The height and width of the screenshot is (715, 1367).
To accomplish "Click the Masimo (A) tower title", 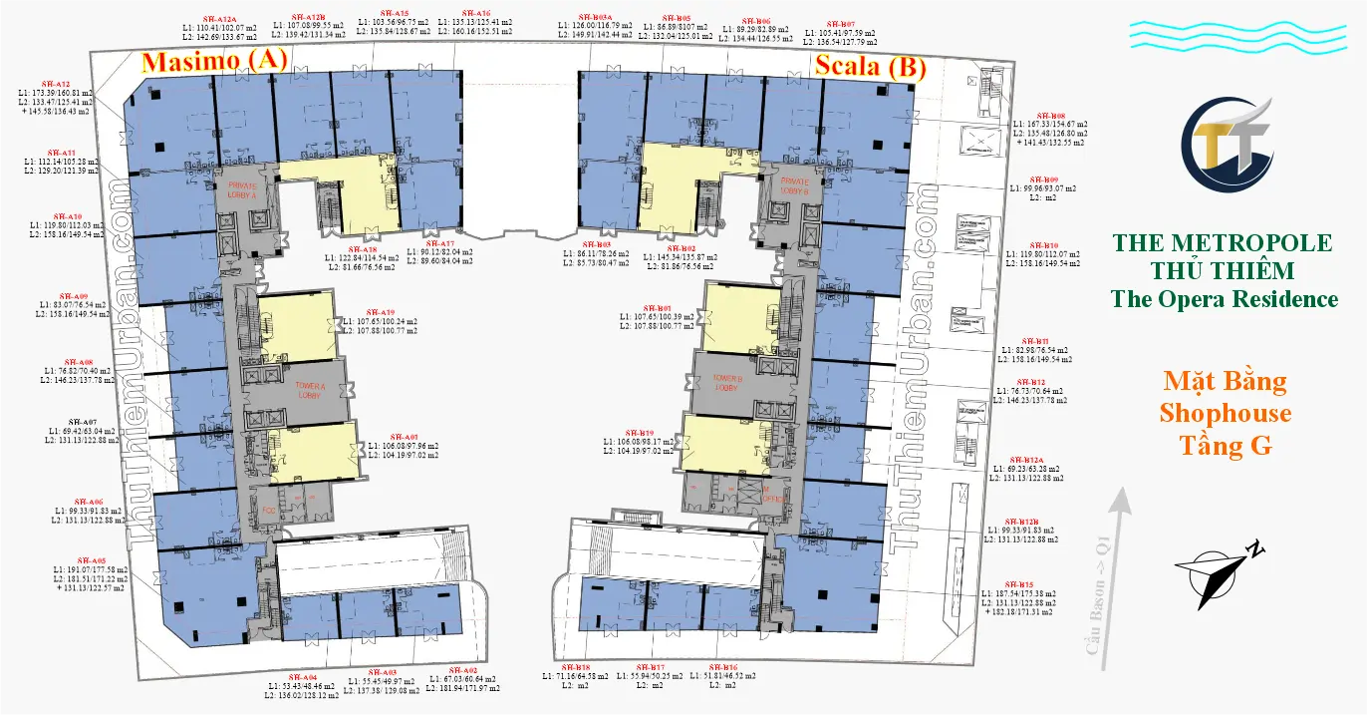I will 214,62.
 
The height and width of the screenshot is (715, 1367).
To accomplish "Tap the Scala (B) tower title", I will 871,67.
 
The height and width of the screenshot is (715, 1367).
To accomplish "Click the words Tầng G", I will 1225,446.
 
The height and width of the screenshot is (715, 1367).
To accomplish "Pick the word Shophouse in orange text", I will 1225,413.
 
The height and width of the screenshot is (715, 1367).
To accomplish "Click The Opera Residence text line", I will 1225,298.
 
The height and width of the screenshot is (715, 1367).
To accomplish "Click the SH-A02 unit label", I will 463,669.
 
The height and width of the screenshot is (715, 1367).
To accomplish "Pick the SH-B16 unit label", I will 724,666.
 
